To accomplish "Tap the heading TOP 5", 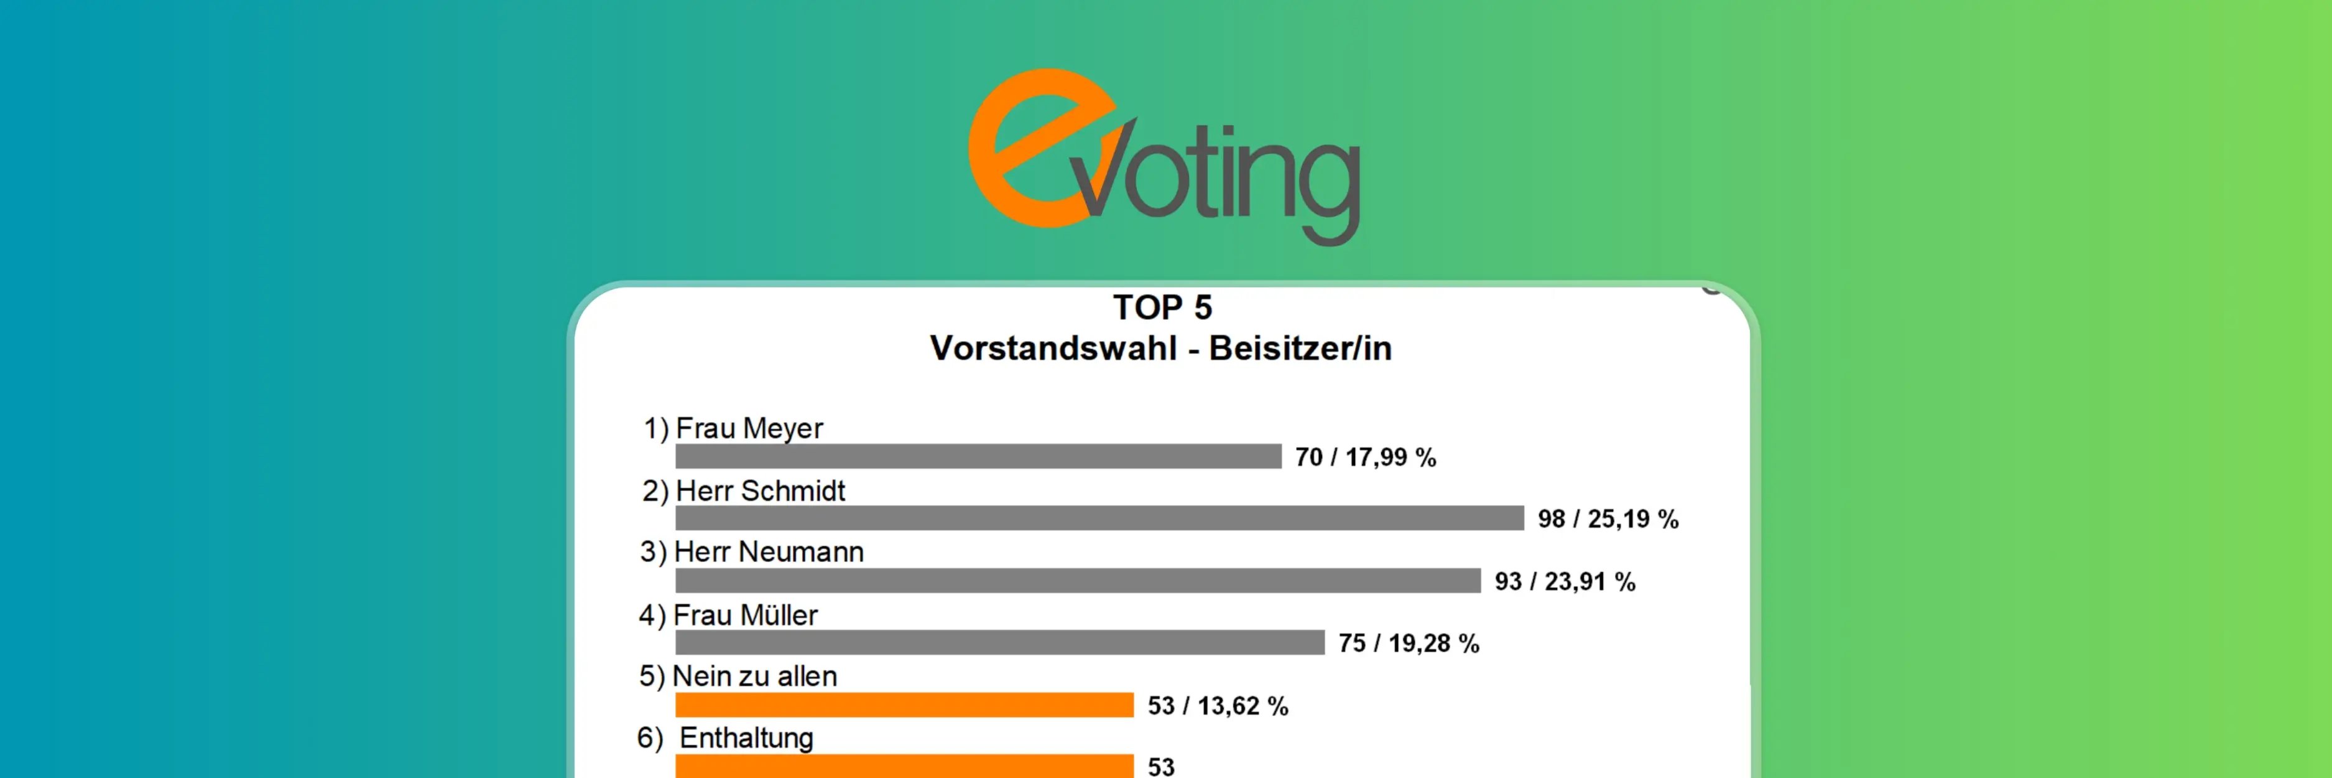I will pos(1162,308).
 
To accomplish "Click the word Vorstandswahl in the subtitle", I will pos(1053,349).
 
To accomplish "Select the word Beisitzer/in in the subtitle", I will pos(1300,349).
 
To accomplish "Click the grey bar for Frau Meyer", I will pos(978,456).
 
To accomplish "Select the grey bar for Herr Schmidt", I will pos(1099,518).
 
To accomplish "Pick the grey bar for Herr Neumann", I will pos(1077,581).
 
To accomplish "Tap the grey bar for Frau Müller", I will pos(999,642).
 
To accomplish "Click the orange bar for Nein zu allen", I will pos(904,705).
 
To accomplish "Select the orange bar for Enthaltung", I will pos(904,766).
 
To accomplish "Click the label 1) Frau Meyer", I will pos(733,428).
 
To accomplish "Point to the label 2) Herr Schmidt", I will pos(743,491).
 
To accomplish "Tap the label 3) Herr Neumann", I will pos(751,551).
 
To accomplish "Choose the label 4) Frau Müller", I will pos(728,615).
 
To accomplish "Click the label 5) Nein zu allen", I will pos(738,676).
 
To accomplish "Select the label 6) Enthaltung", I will pos(725,738).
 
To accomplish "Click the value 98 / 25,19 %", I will pos(1608,519).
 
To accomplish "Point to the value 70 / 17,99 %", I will pos(1365,457).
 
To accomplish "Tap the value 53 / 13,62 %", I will pos(1218,706).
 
